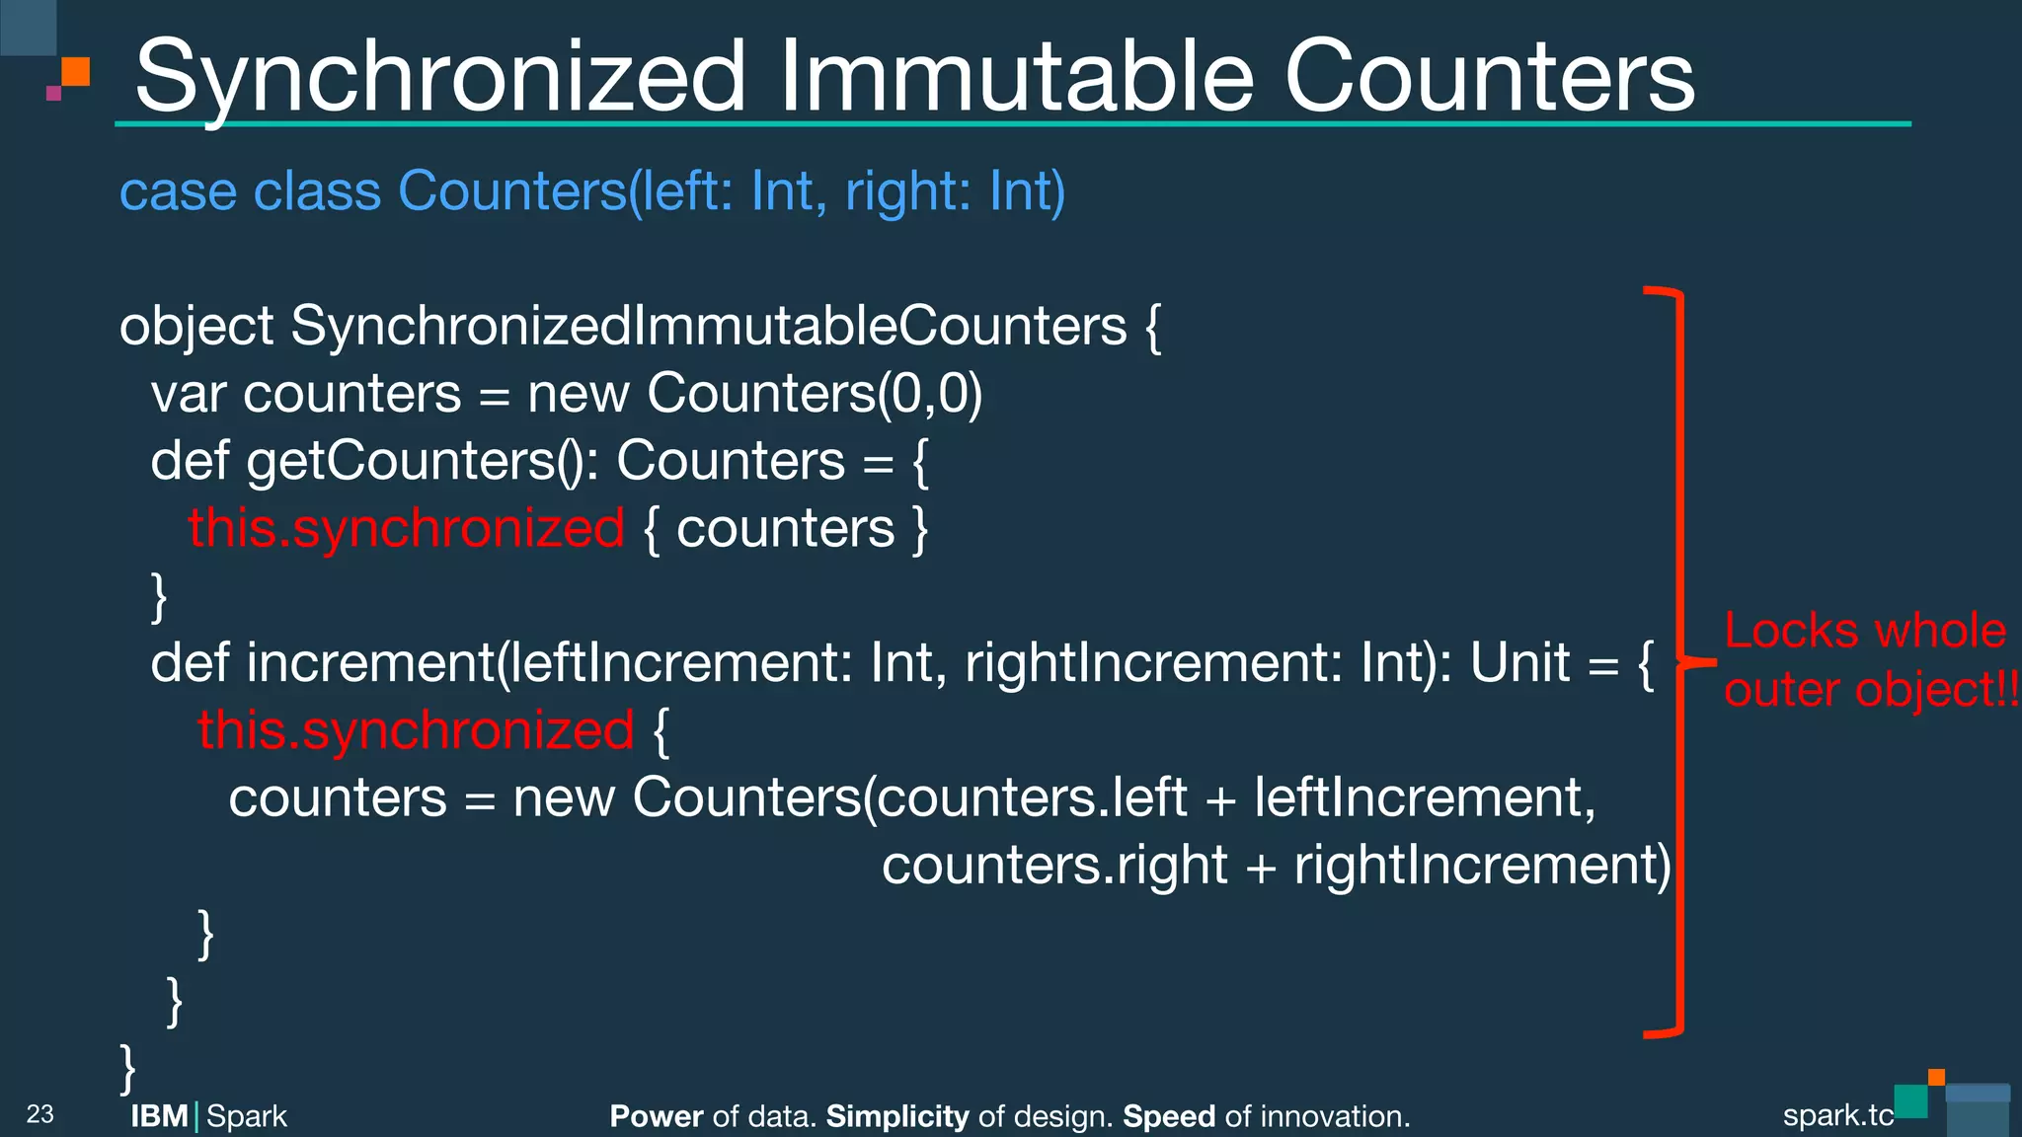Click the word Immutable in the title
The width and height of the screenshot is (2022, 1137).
(1017, 77)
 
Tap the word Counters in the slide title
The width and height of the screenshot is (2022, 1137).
(1489, 77)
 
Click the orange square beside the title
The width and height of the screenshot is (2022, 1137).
(75, 72)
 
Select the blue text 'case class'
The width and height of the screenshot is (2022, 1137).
(250, 191)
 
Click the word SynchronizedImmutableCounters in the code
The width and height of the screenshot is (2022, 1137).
(708, 327)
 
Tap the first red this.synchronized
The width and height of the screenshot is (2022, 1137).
(406, 529)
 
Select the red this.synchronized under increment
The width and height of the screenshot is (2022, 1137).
(415, 731)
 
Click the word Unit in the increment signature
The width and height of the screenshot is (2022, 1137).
(1519, 663)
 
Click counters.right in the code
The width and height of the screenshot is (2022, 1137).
(1054, 866)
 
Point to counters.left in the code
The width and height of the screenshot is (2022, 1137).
(1032, 798)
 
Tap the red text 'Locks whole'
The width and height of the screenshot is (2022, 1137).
(1865, 632)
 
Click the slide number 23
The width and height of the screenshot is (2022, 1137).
(39, 1114)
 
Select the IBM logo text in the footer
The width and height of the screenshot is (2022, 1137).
(159, 1116)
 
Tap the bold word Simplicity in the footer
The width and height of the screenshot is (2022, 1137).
(896, 1116)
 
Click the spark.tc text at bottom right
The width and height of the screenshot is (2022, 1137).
(1837, 1115)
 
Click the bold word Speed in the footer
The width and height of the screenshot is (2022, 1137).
(1168, 1116)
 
